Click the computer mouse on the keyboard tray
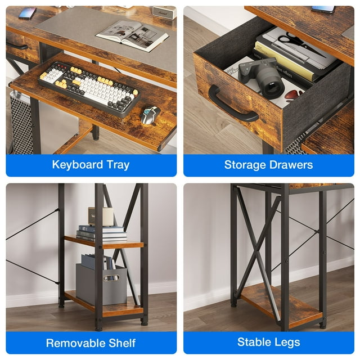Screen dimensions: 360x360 pyautogui.click(x=150, y=115)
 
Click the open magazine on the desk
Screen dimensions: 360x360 pyautogui.click(x=132, y=35)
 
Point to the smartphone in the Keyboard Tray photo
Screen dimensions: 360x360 pyautogui.click(x=28, y=13)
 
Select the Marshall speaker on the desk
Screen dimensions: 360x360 pyautogui.click(x=164, y=12)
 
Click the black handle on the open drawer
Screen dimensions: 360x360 pyautogui.click(x=232, y=105)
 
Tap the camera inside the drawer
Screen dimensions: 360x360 pyautogui.click(x=262, y=77)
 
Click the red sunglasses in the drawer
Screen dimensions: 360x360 pyautogui.click(x=294, y=94)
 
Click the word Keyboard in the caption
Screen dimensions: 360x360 pyautogui.click(x=78, y=165)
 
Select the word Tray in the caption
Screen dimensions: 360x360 pyautogui.click(x=118, y=165)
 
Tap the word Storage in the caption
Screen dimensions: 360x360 pyautogui.click(x=245, y=165)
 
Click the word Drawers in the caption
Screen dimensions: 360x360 pyautogui.click(x=291, y=165)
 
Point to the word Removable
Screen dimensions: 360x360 pyautogui.click(x=75, y=343)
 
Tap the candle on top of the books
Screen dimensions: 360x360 pyautogui.click(x=101, y=217)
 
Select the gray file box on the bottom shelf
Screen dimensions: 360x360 pyautogui.click(x=101, y=284)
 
